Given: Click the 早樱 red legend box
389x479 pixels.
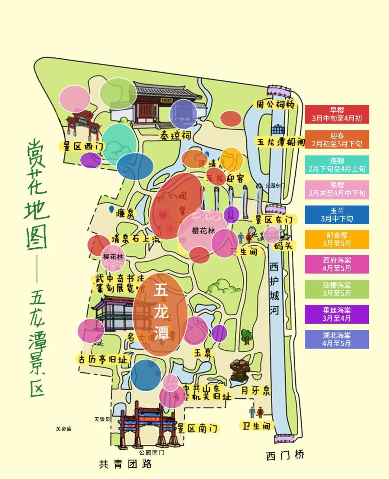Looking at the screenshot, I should [337, 114].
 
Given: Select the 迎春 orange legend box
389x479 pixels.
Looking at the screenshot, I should [337, 139].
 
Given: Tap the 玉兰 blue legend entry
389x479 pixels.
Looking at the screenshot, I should [337, 215].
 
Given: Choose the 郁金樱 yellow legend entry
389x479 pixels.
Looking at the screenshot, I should [337, 240].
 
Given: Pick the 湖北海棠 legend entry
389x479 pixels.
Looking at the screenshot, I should [337, 340].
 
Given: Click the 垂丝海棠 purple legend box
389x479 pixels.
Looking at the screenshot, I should [337, 314].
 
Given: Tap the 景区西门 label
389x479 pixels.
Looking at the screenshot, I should [82, 146].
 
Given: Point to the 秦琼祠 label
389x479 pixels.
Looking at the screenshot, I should [176, 136].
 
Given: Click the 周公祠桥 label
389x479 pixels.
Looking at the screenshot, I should [275, 105].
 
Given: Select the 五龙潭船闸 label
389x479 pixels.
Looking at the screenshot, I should [281, 142].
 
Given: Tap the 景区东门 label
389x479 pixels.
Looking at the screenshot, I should [274, 219].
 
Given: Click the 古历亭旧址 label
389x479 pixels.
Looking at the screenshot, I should [103, 359].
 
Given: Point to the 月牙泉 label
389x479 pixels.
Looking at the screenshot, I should [256, 391].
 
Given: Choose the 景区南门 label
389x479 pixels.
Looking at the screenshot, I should [198, 428].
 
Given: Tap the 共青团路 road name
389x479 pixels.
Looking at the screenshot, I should [125, 464].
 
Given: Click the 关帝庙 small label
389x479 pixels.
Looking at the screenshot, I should [64, 429].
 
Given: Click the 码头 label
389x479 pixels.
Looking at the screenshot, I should [284, 246].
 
